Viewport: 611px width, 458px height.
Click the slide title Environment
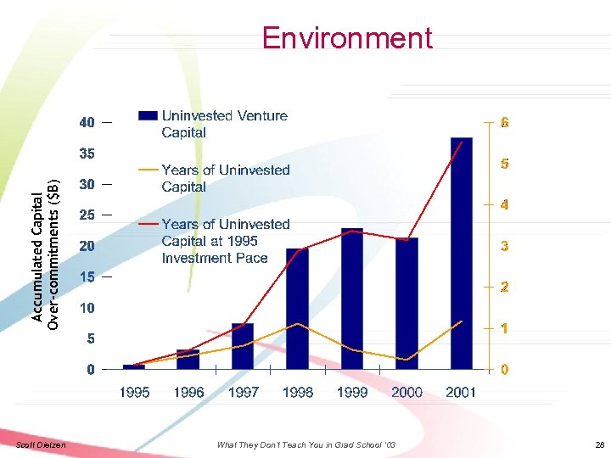click(x=347, y=38)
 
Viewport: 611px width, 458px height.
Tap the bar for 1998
click(x=297, y=309)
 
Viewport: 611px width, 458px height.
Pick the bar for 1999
click(x=351, y=299)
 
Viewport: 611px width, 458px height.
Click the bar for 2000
click(x=406, y=304)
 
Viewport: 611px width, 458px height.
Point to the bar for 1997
click(x=243, y=346)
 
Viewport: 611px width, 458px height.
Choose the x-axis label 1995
click(x=134, y=392)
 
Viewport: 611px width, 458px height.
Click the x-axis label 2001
click(x=461, y=392)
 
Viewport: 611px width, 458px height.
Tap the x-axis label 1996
click(x=188, y=392)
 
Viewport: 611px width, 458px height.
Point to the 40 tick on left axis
click(x=87, y=123)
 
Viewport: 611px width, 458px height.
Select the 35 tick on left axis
click(x=87, y=154)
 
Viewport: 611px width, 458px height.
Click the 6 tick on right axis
click(x=504, y=123)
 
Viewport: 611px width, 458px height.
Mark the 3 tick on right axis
click(x=504, y=246)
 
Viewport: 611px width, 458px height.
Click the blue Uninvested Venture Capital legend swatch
click(x=148, y=116)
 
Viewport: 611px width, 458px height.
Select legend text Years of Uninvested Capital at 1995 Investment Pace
click(x=225, y=241)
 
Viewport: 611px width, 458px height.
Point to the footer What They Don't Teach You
click(x=305, y=445)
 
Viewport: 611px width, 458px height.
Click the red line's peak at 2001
click(x=461, y=142)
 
